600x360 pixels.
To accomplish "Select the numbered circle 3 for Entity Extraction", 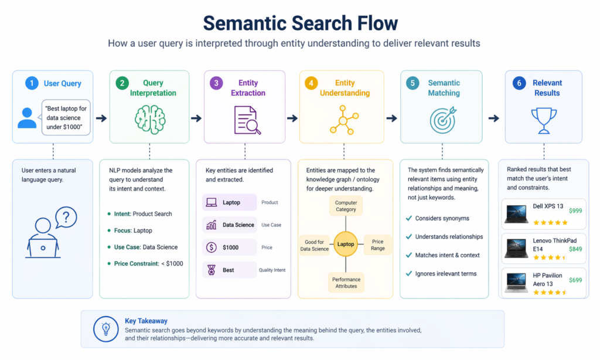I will [x=216, y=83].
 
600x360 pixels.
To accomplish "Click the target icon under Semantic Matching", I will [x=444, y=119].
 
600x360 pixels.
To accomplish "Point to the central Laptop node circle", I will [x=346, y=244].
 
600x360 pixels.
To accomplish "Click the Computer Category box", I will [x=346, y=206].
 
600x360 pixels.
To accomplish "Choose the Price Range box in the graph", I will [x=378, y=245].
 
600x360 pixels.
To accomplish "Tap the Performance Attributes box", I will [x=346, y=283].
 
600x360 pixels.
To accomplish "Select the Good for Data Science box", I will [x=315, y=245].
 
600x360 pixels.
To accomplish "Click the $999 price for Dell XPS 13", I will [x=575, y=210].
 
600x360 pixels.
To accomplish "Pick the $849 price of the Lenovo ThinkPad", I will [x=575, y=249].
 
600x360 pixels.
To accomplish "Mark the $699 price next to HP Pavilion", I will [x=575, y=280].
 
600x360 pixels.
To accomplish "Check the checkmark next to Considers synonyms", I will [x=408, y=219].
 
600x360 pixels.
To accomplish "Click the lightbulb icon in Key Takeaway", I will [x=106, y=329].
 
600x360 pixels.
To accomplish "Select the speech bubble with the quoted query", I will [x=66, y=118].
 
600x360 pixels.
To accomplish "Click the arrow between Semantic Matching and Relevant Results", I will [x=494, y=118].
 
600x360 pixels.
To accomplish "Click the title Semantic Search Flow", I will [x=300, y=23].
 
